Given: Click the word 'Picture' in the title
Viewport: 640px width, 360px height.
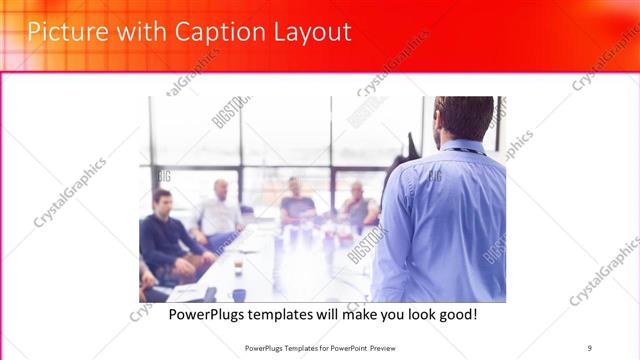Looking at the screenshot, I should (x=63, y=32).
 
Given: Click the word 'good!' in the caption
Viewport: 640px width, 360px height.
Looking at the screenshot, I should (x=456, y=315).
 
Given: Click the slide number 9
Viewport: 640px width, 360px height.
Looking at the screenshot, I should (x=590, y=348).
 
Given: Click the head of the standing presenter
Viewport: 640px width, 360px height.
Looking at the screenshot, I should (x=464, y=117).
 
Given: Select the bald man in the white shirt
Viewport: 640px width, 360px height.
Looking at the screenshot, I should (x=219, y=213).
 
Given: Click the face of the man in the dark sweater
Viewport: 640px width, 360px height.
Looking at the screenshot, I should (x=161, y=201).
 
